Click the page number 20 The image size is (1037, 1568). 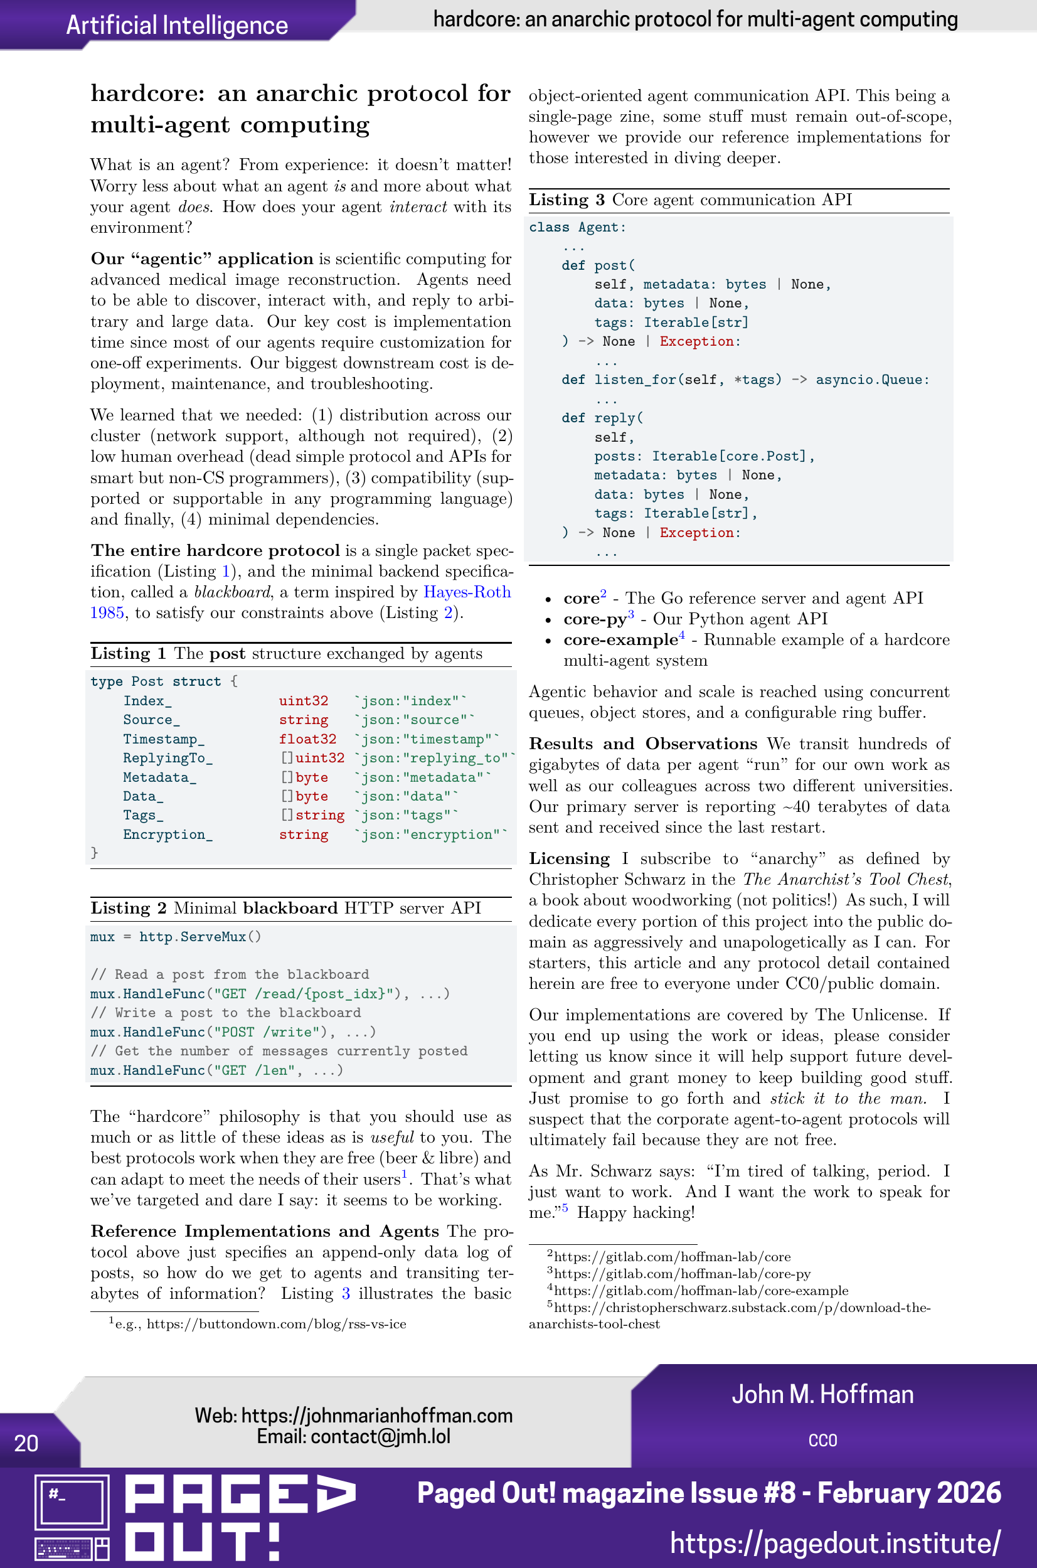click(26, 1443)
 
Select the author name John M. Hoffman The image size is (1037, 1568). click(822, 1394)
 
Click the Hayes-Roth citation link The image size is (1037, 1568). click(467, 592)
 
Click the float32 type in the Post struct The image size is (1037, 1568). click(307, 739)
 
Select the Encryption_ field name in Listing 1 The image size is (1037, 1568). click(168, 835)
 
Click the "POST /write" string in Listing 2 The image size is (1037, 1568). click(270, 1032)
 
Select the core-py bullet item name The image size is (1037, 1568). click(595, 619)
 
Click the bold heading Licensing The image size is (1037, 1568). click(569, 858)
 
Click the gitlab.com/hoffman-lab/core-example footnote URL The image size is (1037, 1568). click(700, 1290)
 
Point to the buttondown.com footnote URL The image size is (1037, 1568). click(276, 1324)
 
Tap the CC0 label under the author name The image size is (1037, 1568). click(822, 1441)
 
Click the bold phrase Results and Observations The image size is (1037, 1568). click(642, 744)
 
